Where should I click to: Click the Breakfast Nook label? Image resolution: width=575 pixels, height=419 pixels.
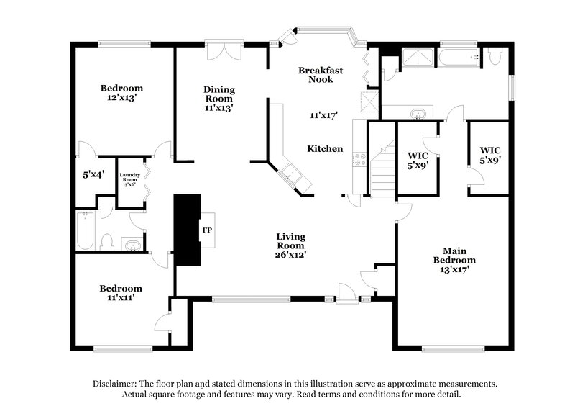coord(321,76)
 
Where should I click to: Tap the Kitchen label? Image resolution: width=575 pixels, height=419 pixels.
coord(325,149)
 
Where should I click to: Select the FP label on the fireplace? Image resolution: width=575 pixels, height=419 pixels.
coord(206,231)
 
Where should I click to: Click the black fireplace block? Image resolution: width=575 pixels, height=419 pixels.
coord(188,230)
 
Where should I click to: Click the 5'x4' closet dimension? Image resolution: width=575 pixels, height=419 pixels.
coord(93,174)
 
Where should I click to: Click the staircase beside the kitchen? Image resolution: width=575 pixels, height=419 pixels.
coord(383,169)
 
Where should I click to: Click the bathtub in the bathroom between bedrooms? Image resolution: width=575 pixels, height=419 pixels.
coord(85,230)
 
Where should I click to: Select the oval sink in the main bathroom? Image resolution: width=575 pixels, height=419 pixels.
coord(418,113)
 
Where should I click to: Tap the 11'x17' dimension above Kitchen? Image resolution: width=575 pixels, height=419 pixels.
coord(324,115)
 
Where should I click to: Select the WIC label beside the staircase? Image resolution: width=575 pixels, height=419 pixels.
coord(418,154)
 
